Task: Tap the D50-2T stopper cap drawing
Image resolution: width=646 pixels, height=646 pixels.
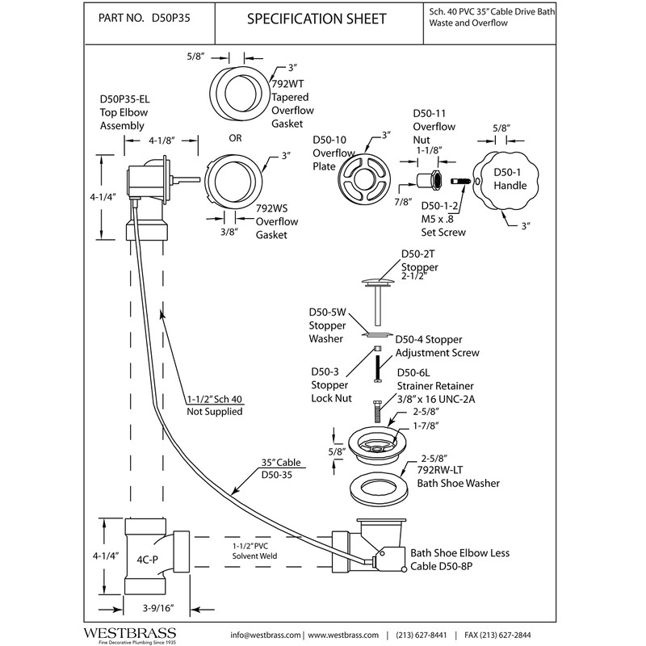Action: click(377, 281)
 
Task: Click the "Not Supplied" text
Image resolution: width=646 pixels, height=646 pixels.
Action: click(214, 412)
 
